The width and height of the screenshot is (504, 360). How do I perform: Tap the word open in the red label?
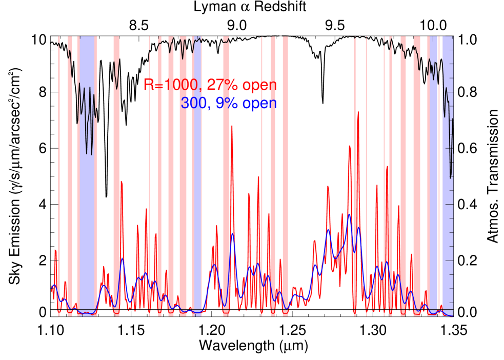tap(259, 85)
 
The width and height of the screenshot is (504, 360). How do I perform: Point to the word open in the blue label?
tap(259, 104)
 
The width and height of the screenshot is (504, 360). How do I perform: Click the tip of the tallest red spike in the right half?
tap(358, 112)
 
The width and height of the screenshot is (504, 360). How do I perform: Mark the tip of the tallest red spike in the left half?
tap(232, 126)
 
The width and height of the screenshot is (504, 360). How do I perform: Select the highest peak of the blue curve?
tap(349, 214)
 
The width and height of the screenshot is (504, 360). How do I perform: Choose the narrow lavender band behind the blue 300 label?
tap(197, 205)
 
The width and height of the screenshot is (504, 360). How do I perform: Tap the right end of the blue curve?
tap(453, 315)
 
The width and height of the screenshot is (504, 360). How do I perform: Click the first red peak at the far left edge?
tap(55, 250)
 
